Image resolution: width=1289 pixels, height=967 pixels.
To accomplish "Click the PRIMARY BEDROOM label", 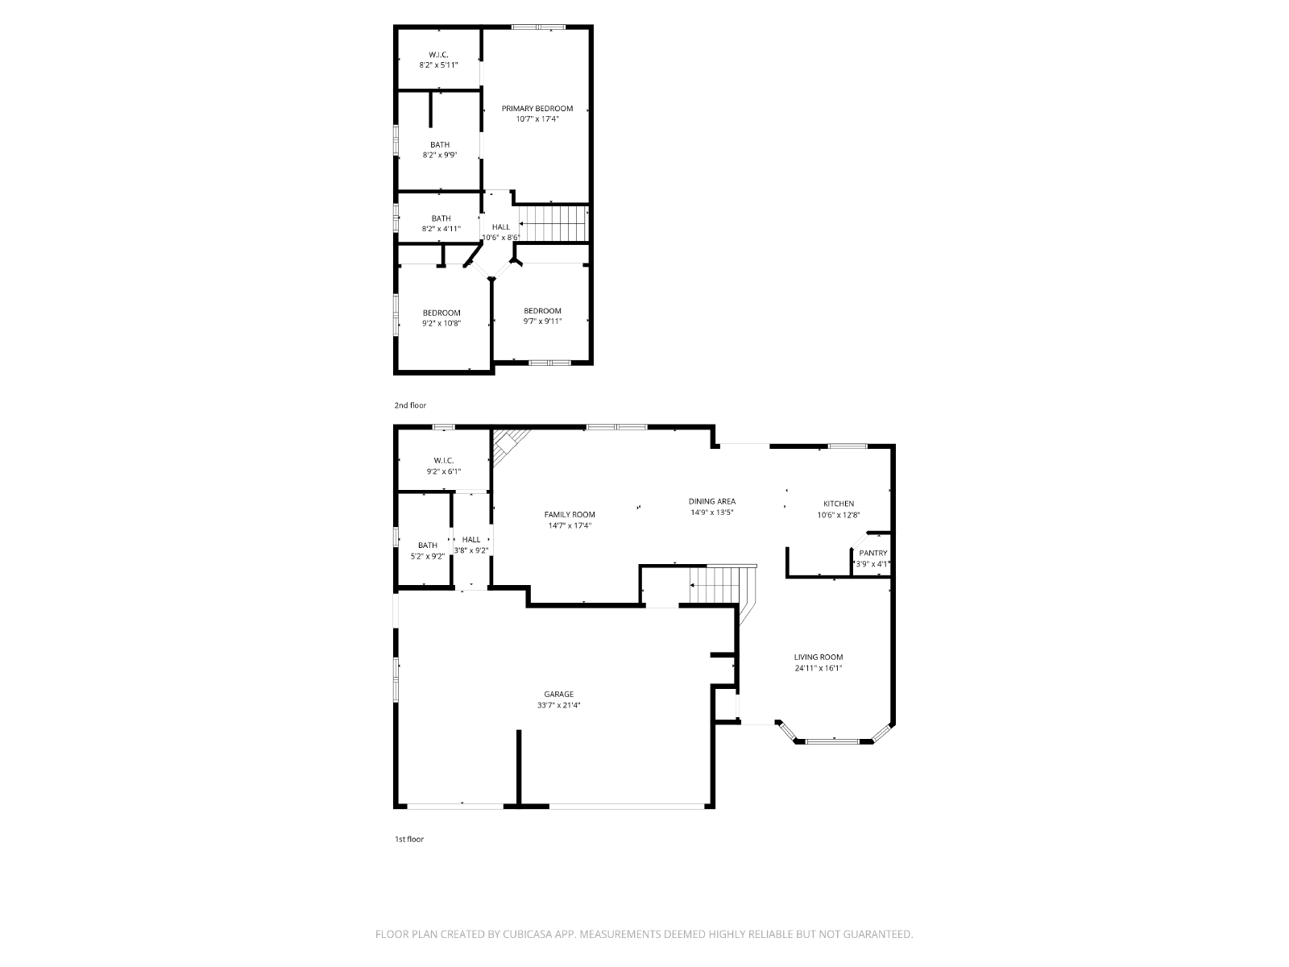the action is [537, 109].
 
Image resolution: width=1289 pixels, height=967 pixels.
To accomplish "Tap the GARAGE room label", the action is [558, 694].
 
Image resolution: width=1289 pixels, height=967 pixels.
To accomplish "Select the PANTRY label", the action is [872, 553].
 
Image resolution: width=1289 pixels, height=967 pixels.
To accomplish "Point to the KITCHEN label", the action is [838, 504].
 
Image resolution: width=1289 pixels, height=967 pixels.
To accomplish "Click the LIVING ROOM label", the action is [818, 657].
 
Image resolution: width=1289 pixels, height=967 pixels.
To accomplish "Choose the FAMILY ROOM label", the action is [569, 515].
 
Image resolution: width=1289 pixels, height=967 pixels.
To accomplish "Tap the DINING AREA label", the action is [711, 501].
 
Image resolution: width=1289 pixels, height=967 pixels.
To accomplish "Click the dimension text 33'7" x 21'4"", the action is [558, 705].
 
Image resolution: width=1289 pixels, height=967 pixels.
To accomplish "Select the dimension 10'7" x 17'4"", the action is [537, 119].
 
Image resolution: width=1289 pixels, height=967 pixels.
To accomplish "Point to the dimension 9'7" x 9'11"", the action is [542, 322].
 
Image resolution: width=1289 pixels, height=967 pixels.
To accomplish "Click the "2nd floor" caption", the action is [410, 405].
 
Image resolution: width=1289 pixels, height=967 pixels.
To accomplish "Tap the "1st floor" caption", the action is [408, 839].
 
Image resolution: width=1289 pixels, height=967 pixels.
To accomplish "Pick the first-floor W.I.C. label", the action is [443, 461].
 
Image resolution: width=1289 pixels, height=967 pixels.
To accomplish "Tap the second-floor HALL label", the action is [501, 227].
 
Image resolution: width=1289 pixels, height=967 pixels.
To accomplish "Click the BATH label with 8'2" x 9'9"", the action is [439, 145].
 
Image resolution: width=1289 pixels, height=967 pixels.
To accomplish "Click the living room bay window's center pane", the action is [832, 741].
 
